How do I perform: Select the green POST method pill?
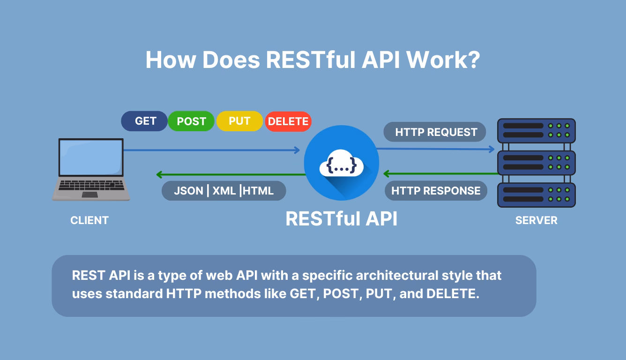click(191, 121)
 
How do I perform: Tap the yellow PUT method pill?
click(239, 121)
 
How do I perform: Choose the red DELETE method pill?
click(288, 121)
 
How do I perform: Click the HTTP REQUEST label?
click(435, 132)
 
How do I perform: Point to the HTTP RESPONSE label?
click(436, 191)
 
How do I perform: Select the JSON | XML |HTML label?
click(224, 191)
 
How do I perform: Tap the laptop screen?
click(90, 157)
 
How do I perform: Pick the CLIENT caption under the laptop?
click(89, 220)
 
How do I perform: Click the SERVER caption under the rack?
click(536, 220)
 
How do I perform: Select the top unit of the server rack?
click(536, 130)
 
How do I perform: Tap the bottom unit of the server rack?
click(536, 195)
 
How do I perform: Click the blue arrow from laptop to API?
click(211, 150)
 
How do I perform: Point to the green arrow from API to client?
click(230, 175)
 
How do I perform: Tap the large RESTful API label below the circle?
click(341, 218)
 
